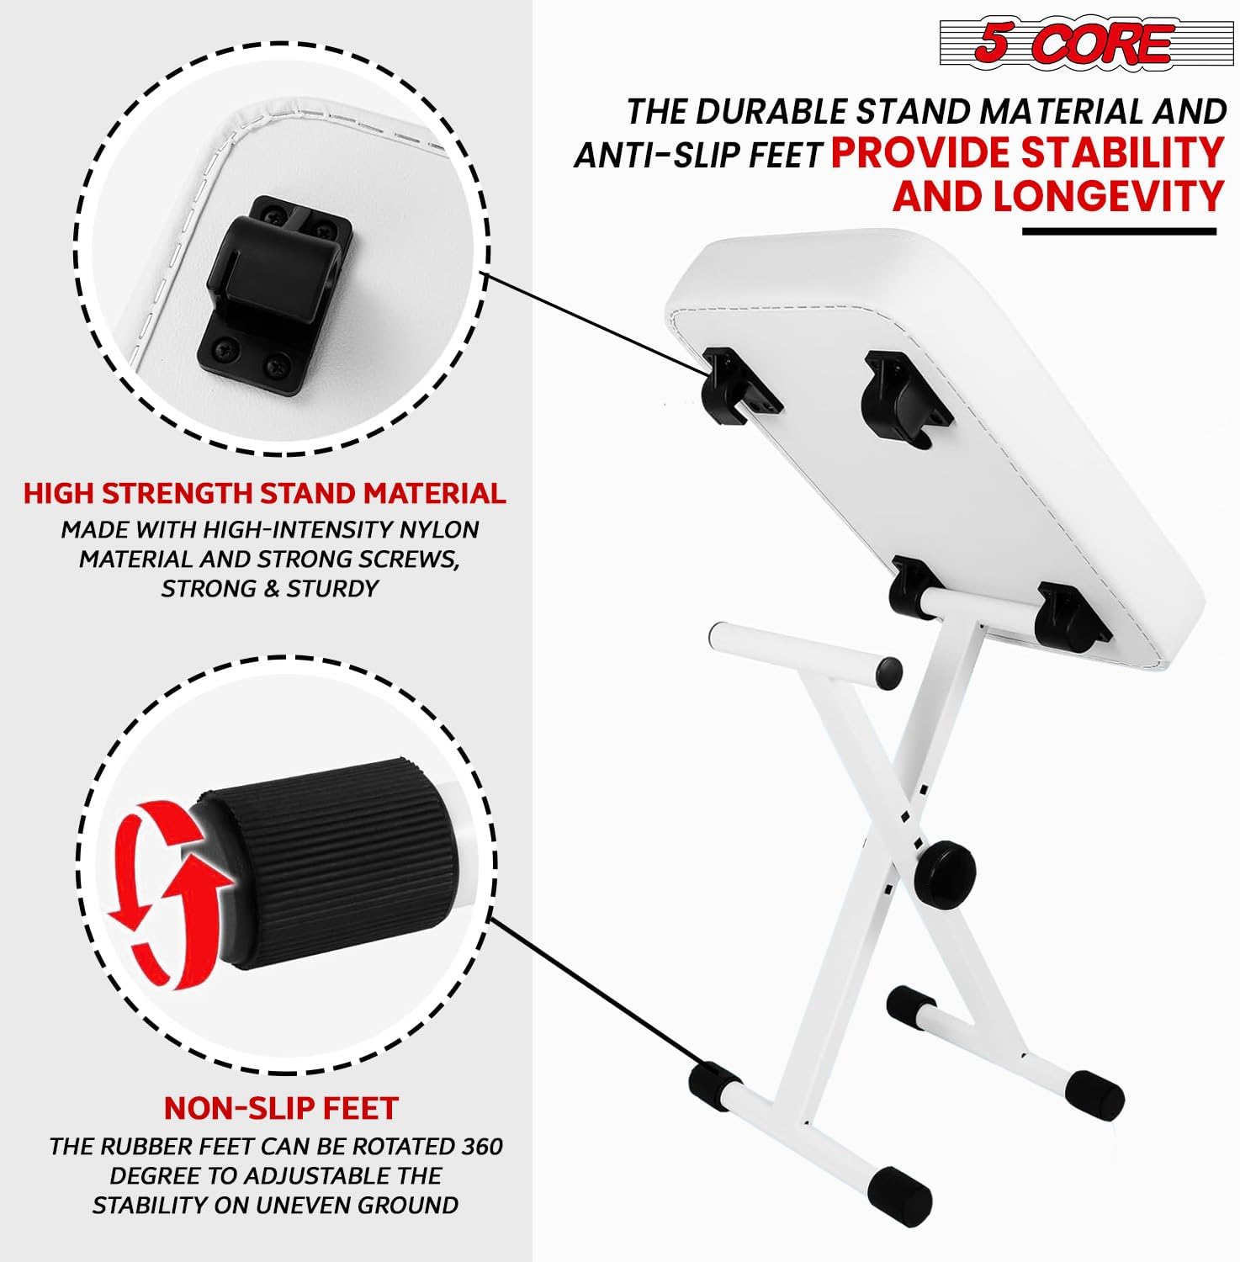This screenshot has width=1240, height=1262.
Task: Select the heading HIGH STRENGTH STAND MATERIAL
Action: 265,493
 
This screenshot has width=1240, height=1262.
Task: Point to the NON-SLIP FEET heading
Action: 280,1108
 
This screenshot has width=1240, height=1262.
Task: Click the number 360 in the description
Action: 482,1147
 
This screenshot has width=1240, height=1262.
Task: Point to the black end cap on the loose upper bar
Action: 888,671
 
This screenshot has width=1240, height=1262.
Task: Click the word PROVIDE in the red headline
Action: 920,153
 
